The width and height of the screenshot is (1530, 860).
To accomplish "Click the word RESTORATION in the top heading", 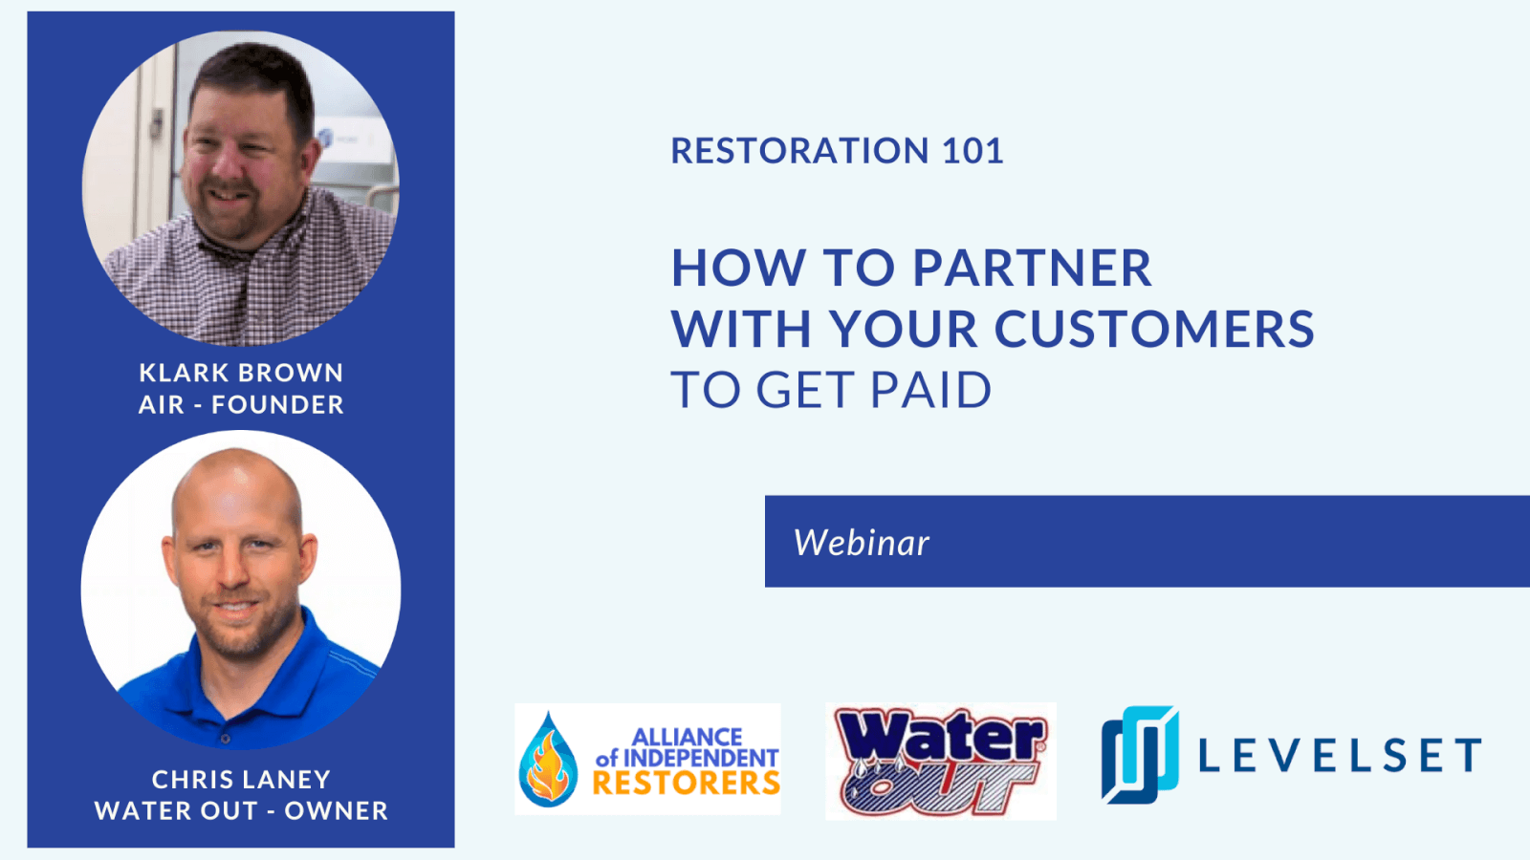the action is [799, 151].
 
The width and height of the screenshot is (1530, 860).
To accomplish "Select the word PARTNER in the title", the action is [1032, 268].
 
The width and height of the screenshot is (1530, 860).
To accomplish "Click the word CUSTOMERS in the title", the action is [1154, 329].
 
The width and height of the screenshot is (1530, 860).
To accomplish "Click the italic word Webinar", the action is [862, 543].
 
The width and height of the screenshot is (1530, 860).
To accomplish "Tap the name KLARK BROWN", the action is [241, 373].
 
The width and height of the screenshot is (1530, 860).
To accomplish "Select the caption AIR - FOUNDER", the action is [241, 405].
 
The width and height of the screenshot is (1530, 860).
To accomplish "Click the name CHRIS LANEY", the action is [241, 780].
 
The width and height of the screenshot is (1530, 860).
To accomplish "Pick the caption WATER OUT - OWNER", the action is [241, 811].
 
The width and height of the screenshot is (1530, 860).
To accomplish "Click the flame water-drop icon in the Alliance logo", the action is [548, 760].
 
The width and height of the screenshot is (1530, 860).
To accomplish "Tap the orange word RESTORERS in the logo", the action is [687, 783].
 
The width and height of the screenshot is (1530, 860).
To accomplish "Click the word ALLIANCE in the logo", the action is [688, 737].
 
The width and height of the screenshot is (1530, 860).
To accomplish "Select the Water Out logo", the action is [941, 761].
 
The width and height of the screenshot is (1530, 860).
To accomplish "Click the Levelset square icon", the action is [1140, 755].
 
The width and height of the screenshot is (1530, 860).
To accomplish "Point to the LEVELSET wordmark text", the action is [1340, 755].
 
